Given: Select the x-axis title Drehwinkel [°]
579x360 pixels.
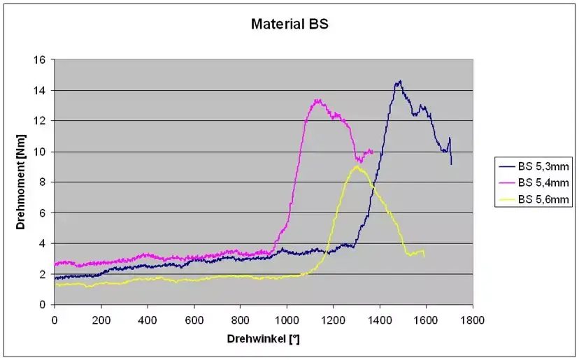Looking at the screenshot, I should pos(264,338).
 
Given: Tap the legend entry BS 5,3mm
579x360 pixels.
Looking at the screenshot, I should pos(536,166).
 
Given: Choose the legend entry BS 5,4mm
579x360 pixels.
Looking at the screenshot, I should pos(536,182).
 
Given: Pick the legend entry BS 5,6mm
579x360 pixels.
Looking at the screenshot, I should pos(536,200).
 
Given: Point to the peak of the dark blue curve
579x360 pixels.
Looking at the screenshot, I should pos(399,81).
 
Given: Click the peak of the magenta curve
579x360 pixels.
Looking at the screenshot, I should pos(317,100).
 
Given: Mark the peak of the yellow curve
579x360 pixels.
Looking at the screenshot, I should pos(357,166).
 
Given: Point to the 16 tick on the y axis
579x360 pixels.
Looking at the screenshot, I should pos(41,60).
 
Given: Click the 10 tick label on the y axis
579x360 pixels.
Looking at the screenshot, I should pos(41,152).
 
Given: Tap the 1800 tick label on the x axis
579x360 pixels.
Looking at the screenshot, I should pos(472,319).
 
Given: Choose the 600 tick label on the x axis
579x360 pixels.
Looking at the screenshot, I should pos(194,319).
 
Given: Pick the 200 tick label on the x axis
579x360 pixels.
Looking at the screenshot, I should pos(101,319).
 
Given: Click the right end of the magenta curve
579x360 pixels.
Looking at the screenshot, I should pos(372,151).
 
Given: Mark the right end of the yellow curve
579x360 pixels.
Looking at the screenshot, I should pos(424,256).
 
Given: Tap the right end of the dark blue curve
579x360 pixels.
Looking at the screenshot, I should pos(451,164).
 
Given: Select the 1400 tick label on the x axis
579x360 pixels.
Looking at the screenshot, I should pos(379,319).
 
